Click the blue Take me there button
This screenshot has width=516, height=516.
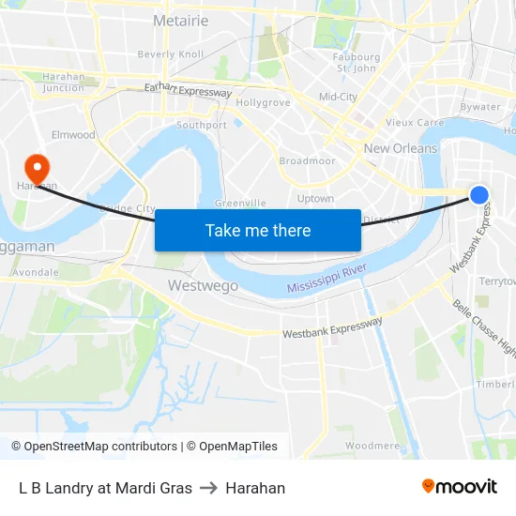point(257,230)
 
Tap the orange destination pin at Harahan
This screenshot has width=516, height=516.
point(38,168)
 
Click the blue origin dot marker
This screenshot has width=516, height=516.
point(478,194)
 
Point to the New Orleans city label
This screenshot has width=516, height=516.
point(400,148)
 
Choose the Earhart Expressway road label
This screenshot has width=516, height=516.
point(188,91)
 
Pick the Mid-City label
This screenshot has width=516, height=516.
point(338,97)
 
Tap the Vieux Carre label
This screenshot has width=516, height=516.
point(414,122)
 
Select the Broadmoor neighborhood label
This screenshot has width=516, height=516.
point(307,161)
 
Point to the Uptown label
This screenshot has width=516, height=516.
point(315,199)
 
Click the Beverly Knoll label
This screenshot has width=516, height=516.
point(170,54)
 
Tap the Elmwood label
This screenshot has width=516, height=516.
point(74,135)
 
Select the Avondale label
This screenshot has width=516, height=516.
point(37,273)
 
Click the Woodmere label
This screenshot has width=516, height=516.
point(372,446)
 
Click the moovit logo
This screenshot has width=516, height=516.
point(459,487)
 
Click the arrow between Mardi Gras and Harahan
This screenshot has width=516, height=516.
point(208,488)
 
